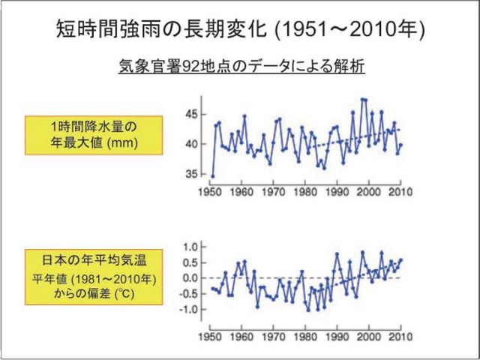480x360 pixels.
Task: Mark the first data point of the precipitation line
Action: [x=212, y=176]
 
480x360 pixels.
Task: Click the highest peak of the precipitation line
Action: [x=364, y=99]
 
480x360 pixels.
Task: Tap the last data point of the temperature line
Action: [x=401, y=259]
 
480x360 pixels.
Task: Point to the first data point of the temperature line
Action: [x=212, y=288]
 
